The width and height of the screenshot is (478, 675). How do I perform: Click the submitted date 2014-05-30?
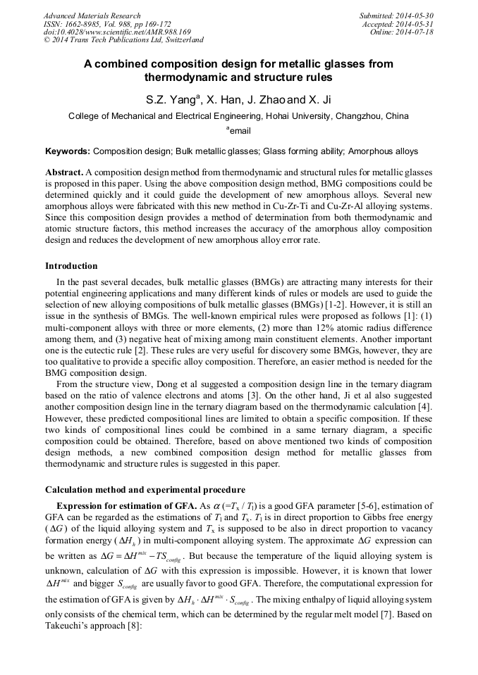(415, 15)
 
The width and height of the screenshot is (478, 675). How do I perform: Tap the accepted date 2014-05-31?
(415, 24)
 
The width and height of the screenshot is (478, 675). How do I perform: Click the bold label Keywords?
(68, 151)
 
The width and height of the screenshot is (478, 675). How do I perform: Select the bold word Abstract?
(64, 172)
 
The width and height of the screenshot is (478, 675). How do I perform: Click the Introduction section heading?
(71, 266)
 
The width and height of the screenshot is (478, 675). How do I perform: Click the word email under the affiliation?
(240, 131)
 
